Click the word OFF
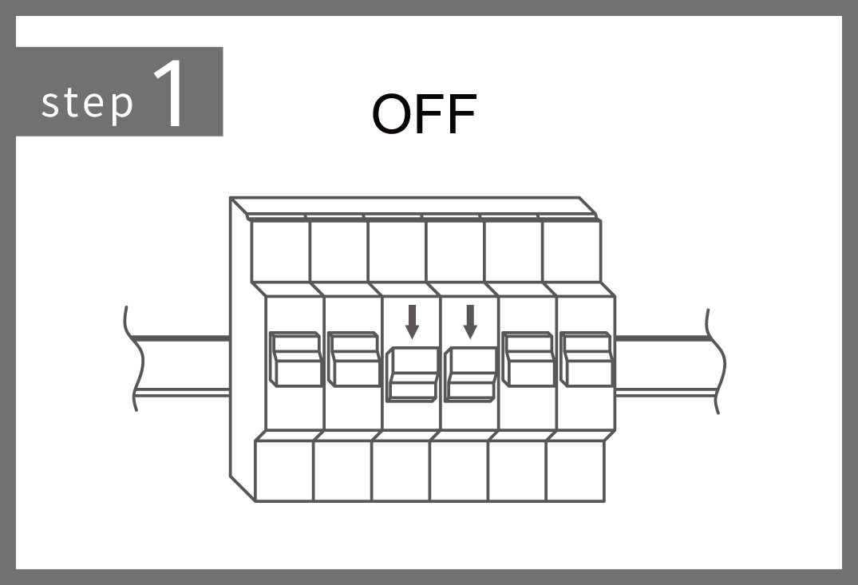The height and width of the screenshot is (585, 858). coord(424,114)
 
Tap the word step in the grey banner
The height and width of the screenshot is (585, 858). coord(88,102)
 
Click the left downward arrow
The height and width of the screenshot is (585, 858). coord(412,322)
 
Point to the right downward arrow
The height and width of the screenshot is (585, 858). coord(470,322)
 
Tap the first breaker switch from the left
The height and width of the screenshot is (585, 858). coord(295,359)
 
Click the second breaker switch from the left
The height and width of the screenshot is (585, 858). coord(353,359)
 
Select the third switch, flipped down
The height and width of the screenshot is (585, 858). coord(413,374)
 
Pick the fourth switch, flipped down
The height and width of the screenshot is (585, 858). coord(471,374)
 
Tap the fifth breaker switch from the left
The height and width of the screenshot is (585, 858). coord(528,359)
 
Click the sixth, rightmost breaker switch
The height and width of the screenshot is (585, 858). coord(586,359)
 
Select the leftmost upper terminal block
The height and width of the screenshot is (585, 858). coord(280,251)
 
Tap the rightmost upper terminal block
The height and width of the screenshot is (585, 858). coord(571,251)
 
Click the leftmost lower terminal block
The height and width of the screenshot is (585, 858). coord(284,471)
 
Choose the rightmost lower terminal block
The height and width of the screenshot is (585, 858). coord(575,471)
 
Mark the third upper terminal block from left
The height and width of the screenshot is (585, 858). coord(397,251)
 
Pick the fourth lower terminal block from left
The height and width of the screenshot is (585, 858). coord(459,471)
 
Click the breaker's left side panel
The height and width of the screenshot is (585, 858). coord(241,350)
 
